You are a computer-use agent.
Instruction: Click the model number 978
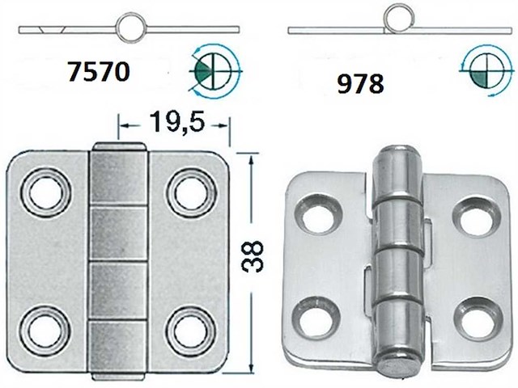[x=361, y=83]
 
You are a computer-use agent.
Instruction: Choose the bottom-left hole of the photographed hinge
[x=313, y=316]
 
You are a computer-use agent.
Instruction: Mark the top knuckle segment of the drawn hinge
[x=119, y=179]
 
